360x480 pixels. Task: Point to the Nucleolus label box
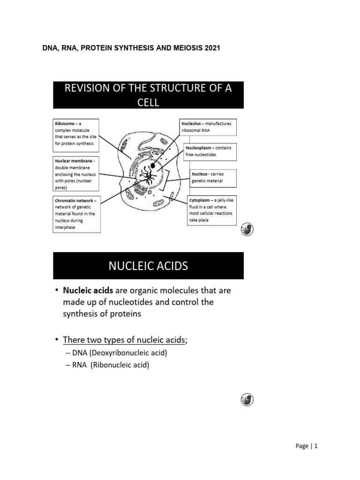point(209,127)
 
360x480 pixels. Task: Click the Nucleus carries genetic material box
point(212,177)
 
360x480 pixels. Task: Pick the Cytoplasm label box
point(212,210)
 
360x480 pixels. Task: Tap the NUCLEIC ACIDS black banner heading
point(148,266)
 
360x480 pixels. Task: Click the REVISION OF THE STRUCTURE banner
point(148,95)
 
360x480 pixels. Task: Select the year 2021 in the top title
point(212,48)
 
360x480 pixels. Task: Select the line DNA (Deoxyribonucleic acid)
point(114,353)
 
